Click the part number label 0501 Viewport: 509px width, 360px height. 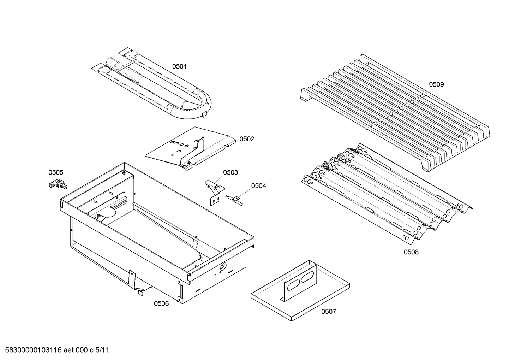(179, 66)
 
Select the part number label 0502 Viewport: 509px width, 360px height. (246, 139)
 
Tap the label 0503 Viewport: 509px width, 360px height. (230, 172)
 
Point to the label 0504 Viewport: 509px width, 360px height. (258, 186)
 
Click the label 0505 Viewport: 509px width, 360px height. (56, 172)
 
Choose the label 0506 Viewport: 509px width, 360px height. (161, 303)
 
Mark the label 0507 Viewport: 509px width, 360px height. (328, 311)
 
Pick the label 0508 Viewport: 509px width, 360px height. (411, 252)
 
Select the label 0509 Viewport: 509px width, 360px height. (436, 84)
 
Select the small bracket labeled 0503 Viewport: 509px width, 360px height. (214, 193)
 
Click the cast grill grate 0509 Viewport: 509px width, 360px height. (395, 113)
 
